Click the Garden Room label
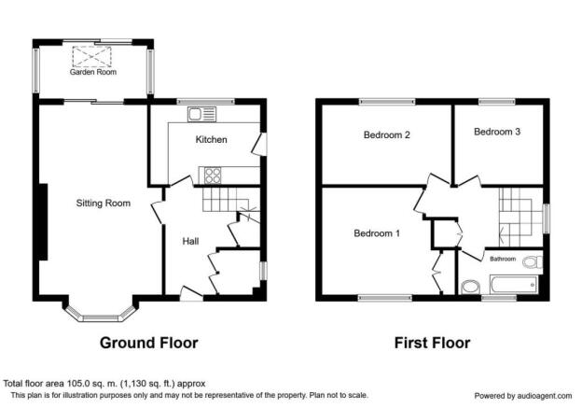pos(93,72)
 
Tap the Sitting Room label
pos(104,204)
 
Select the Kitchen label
pos(211,140)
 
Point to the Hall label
pos(190,242)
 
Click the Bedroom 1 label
pos(377,233)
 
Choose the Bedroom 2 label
pos(387,134)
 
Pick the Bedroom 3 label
pos(497,132)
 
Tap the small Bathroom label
pos(503,259)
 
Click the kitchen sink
pos(201,114)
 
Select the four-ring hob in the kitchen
pos(213,176)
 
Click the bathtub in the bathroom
pos(514,285)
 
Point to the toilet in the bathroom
pos(533,261)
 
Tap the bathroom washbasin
pos(471,288)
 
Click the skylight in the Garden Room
pos(91,56)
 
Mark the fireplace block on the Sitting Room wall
pos(44,222)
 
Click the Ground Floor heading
pos(149,343)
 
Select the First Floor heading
pos(432,343)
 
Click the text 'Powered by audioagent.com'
pos(523,396)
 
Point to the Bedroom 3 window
pos(496,102)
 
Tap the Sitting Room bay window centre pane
pos(100,318)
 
